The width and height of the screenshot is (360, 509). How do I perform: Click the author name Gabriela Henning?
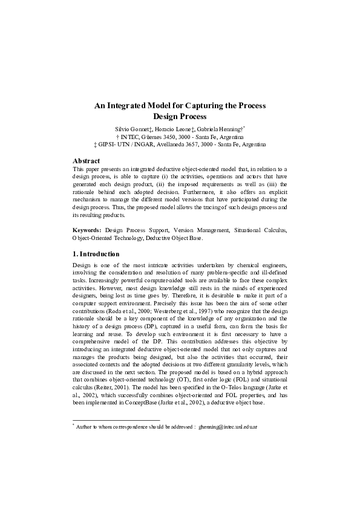218,130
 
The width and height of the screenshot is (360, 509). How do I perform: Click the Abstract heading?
86,161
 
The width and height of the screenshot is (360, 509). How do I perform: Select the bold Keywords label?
87,230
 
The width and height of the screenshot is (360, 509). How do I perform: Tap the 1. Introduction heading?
96,254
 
